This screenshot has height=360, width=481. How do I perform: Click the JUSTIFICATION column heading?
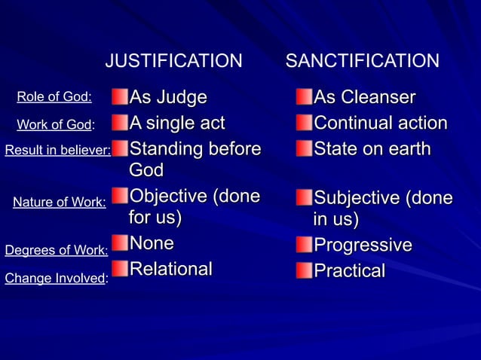tap(173, 61)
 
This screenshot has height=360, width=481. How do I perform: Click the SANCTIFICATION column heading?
tap(362, 61)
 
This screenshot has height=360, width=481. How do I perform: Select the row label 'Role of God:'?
tap(54, 96)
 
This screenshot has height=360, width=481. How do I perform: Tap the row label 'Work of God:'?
tap(55, 125)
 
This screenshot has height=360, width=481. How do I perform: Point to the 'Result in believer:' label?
tap(57, 150)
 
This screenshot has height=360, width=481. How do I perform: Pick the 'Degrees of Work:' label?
tap(57, 249)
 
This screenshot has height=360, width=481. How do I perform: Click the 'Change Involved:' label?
tap(57, 278)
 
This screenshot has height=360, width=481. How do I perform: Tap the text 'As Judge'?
tap(167, 97)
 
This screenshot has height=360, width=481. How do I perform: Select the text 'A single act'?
tap(177, 122)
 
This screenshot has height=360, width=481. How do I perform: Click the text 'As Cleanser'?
tap(364, 98)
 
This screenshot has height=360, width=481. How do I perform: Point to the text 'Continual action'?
tap(380, 123)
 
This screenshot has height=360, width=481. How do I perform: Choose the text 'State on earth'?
tap(372, 148)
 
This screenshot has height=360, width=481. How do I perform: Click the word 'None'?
tap(152, 243)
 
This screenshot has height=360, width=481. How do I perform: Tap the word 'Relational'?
tap(170, 269)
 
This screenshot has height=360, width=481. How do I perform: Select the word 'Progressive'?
tap(363, 246)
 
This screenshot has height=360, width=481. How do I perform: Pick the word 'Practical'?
tap(349, 270)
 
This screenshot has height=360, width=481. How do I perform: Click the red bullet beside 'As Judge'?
tap(120, 97)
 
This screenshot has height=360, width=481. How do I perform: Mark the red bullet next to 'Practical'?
tap(304, 270)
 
